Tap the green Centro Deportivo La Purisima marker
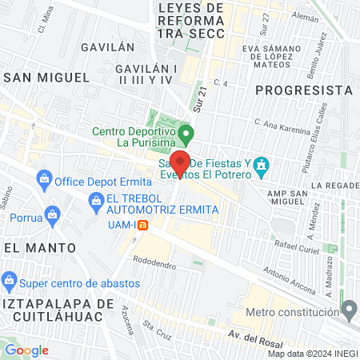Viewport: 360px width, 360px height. [186, 131]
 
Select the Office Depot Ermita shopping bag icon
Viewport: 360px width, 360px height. [44, 179]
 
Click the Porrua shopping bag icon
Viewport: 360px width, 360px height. [53, 214]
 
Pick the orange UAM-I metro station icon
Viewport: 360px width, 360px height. [142, 225]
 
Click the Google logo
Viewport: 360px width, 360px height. [26, 350]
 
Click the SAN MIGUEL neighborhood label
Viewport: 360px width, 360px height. [46, 77]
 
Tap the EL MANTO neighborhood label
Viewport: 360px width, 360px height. [33, 248]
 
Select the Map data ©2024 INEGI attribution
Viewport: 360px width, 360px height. [313, 354]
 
